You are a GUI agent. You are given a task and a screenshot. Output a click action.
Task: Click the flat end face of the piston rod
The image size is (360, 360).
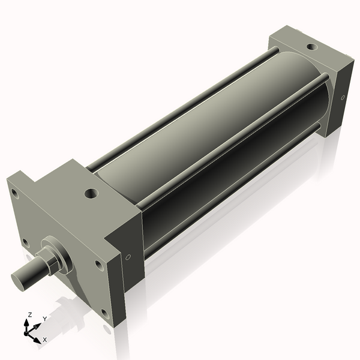click(17, 282)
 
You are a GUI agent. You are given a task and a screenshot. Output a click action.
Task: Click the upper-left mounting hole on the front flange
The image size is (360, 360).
click(15, 194)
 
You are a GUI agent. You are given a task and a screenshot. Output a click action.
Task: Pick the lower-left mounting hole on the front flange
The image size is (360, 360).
click(26, 243)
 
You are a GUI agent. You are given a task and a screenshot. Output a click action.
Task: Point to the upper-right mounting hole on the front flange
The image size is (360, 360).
click(99, 265)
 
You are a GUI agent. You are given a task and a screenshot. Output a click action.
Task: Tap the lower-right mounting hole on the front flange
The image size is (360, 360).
click(105, 314)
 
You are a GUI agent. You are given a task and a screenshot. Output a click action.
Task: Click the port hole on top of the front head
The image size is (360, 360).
click(91, 193)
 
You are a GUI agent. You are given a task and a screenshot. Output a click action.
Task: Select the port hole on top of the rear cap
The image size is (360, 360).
click(312, 47)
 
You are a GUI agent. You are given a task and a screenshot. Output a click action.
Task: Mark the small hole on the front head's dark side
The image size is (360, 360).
click(128, 257)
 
